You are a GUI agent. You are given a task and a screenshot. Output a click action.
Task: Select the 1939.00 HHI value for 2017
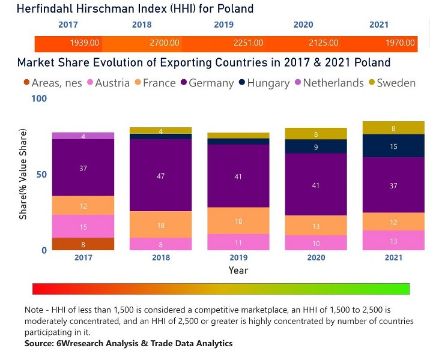(x=85, y=43)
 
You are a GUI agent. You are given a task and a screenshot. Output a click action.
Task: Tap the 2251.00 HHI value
(x=248, y=43)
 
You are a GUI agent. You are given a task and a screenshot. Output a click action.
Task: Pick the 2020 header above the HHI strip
(x=303, y=25)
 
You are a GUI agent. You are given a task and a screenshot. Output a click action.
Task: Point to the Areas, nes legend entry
(x=50, y=83)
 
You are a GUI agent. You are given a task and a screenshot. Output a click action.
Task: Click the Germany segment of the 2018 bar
(x=160, y=176)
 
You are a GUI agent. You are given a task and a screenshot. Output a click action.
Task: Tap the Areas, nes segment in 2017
(x=83, y=244)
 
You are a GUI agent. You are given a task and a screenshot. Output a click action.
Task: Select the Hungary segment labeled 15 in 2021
(x=393, y=146)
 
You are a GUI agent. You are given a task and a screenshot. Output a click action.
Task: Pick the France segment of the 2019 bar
(x=238, y=221)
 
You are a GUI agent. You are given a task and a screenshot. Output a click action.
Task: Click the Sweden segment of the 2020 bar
(x=316, y=134)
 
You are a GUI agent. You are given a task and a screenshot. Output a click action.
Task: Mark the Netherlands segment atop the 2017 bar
(x=83, y=136)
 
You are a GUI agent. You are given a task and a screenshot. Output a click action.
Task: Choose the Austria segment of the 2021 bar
(x=393, y=241)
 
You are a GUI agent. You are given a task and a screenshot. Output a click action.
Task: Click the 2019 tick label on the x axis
(x=238, y=258)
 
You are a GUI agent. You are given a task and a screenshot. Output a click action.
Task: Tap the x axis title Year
(x=238, y=271)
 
